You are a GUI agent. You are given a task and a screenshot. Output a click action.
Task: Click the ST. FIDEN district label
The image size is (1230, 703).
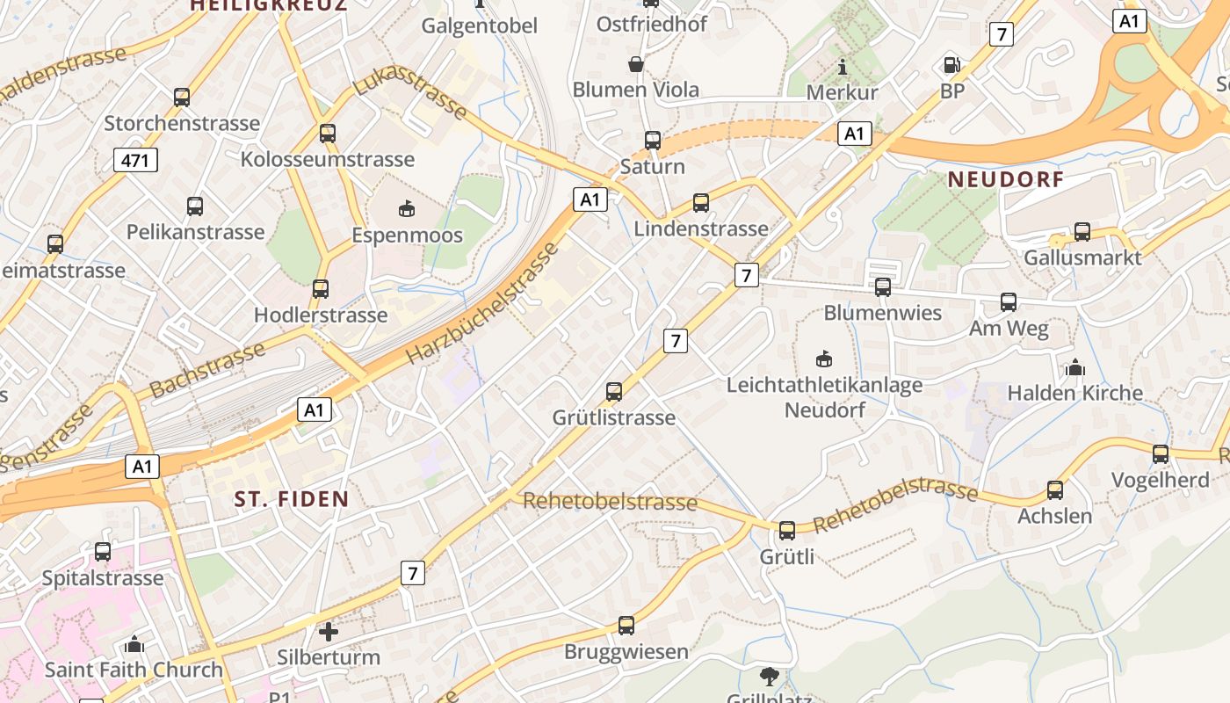click(292, 499)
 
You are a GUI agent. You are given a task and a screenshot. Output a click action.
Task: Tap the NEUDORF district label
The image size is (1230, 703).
click(1006, 180)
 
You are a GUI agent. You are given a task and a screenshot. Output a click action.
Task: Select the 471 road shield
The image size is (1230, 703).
click(135, 159)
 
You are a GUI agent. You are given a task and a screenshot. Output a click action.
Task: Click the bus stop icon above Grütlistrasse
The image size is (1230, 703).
click(614, 391)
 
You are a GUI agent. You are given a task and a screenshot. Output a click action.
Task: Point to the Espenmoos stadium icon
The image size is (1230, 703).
click(407, 208)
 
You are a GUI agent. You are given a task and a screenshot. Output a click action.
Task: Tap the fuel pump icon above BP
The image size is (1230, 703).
click(951, 65)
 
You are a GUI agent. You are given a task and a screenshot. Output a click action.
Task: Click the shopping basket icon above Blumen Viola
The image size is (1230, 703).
click(636, 64)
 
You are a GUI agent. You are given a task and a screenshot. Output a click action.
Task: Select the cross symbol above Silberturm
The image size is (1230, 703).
click(328, 631)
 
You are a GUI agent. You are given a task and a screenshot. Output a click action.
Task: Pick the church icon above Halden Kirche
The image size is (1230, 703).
click(1074, 367)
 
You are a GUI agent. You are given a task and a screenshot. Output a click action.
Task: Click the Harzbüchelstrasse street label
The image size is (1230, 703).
click(482, 304)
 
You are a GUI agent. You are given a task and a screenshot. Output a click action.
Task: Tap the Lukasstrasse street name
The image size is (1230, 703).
click(410, 91)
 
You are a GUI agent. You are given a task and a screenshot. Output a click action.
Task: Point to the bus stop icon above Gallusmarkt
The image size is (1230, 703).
click(1082, 232)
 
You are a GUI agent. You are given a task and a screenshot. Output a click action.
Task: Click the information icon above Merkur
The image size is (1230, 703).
click(843, 67)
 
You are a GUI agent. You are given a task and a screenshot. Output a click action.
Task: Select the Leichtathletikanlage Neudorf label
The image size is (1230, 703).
click(824, 397)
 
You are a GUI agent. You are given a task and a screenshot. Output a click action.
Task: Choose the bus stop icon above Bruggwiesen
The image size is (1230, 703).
click(626, 626)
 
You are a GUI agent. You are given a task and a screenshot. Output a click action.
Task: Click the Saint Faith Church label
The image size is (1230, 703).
click(134, 670)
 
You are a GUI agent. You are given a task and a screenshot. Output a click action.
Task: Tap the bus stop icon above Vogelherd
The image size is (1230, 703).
click(1161, 454)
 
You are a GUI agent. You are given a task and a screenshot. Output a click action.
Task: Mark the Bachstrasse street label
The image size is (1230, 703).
click(207, 370)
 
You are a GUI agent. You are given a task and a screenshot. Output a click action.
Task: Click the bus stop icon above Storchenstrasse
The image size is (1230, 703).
click(182, 98)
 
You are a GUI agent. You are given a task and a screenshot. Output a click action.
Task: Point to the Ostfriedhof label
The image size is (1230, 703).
click(652, 24)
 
